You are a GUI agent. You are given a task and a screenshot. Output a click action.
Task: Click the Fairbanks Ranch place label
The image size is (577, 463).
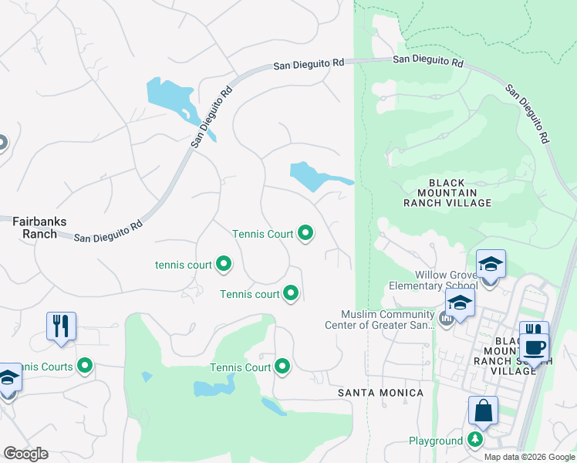point(34,227)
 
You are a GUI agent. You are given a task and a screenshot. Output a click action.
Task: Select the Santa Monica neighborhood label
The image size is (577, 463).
point(381,393)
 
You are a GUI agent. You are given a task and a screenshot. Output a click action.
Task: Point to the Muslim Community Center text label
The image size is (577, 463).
point(388,319)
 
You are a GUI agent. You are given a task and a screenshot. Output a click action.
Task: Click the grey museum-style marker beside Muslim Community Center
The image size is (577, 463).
point(445,318)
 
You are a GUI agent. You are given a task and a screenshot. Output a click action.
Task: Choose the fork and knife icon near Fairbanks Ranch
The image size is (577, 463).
point(60,326)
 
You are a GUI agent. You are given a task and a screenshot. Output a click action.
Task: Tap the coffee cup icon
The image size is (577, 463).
point(534,346)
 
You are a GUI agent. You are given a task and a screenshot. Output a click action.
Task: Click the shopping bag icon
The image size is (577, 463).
point(483,411)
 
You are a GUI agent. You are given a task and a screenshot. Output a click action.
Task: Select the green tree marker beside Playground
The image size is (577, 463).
point(476,441)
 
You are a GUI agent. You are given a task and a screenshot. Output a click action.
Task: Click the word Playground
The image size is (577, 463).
point(436,441)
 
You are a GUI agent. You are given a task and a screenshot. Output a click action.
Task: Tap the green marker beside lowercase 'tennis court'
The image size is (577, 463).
point(224,265)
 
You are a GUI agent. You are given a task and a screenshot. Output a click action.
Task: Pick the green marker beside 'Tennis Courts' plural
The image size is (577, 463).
point(85,366)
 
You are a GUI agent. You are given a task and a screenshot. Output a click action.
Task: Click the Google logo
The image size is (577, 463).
point(25,453)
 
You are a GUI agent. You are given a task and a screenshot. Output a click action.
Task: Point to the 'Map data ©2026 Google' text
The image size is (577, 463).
point(528,457)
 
